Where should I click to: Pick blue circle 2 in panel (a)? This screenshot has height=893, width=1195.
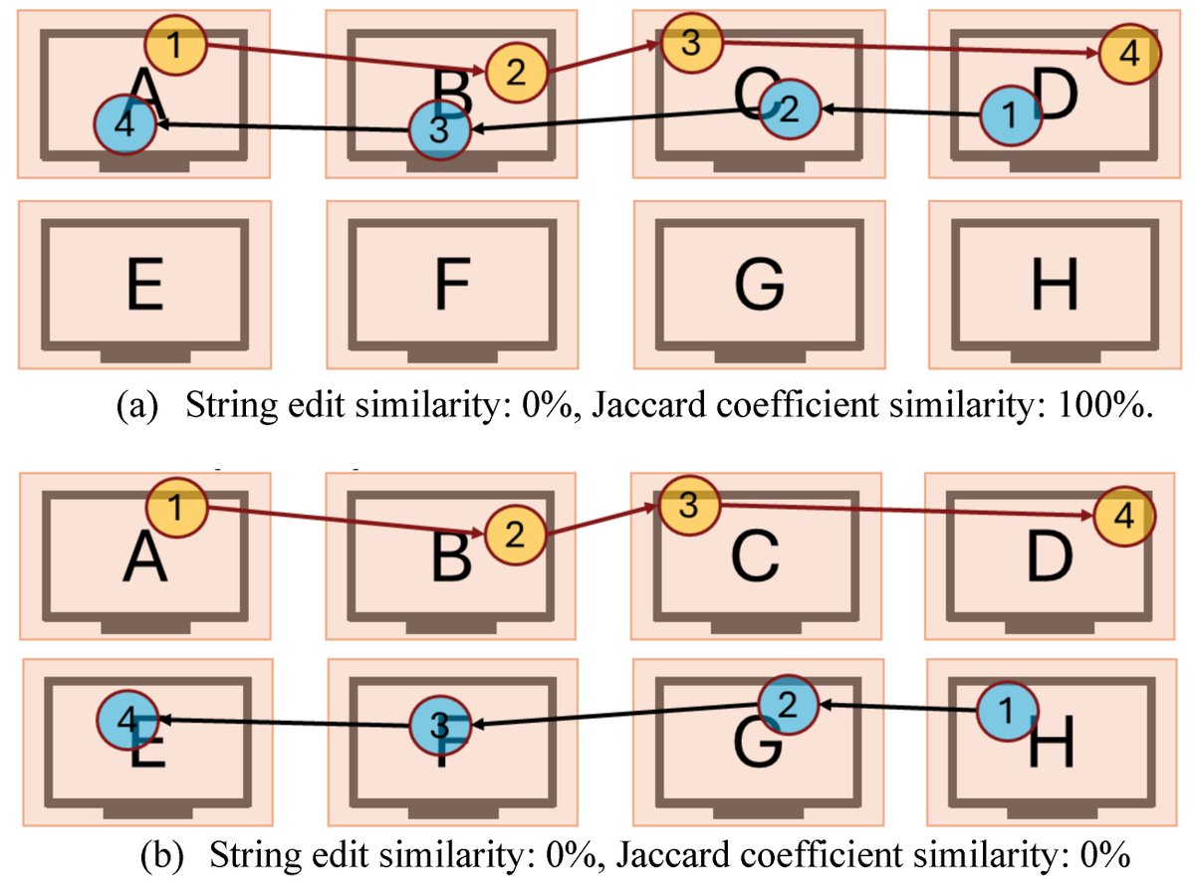(790, 110)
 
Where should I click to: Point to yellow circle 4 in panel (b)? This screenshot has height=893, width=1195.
(1123, 517)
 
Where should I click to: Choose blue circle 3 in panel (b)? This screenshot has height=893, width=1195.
(440, 727)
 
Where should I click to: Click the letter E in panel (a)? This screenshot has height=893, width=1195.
(144, 285)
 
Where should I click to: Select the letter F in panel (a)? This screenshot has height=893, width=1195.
(452, 285)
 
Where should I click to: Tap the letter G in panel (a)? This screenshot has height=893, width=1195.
(759, 285)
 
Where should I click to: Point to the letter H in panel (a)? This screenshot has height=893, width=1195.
(1054, 285)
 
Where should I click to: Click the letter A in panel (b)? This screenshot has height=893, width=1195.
(145, 558)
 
